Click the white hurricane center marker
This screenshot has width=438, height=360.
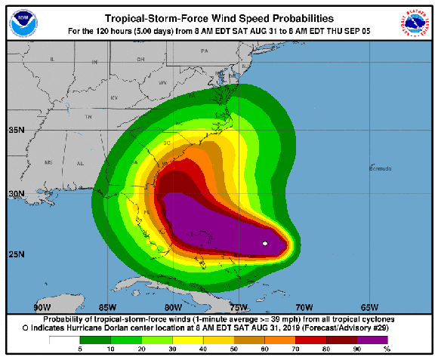(265, 243)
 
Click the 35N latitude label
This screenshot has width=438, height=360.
(17, 130)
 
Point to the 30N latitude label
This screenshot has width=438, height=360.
(17, 194)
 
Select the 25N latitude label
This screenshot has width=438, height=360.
(17, 254)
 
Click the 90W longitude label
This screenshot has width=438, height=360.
(42, 307)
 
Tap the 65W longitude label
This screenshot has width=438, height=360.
(369, 307)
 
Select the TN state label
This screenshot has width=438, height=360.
(88, 118)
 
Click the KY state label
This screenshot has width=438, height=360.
(115, 98)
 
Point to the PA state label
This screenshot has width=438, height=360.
(204, 51)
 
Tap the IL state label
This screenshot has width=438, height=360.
(53, 59)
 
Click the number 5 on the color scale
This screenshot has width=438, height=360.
(79, 349)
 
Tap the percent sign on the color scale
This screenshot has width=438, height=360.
(387, 349)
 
